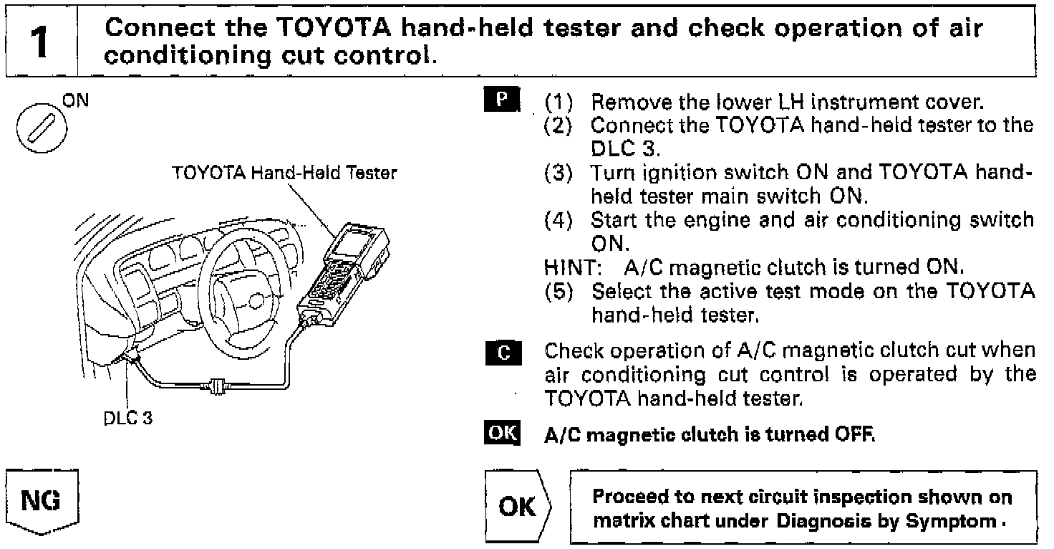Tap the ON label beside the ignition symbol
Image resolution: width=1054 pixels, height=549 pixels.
coord(75,102)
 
